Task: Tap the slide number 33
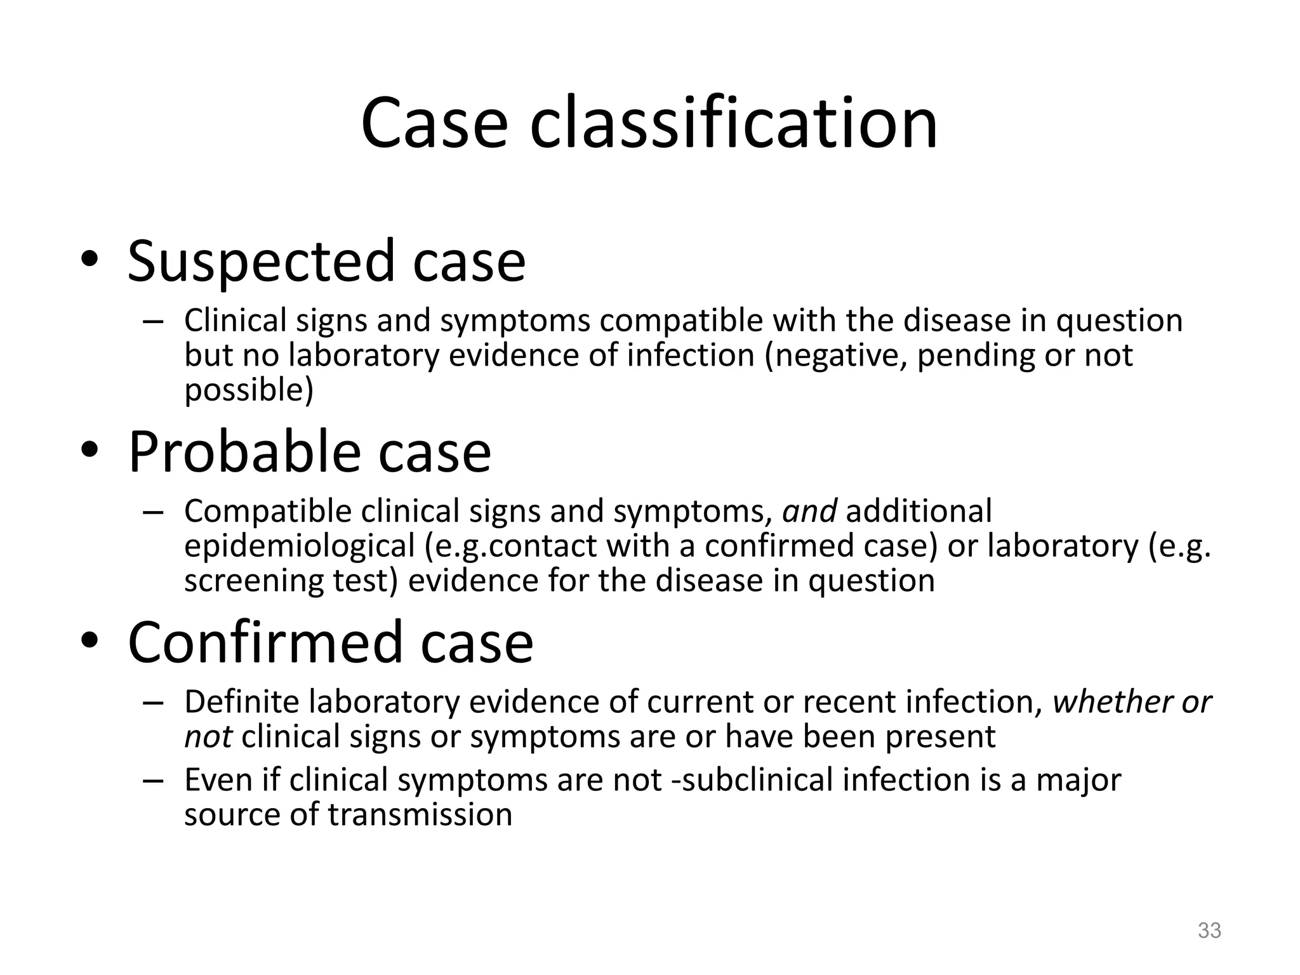[x=1209, y=930]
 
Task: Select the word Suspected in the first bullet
[x=262, y=262]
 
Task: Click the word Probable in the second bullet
[x=244, y=452]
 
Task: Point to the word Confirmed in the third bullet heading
[x=265, y=642]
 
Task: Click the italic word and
[x=809, y=512]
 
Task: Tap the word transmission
[x=420, y=815]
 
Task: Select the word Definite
[x=241, y=702]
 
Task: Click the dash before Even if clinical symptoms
[x=153, y=781]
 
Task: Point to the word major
[x=1078, y=780]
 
